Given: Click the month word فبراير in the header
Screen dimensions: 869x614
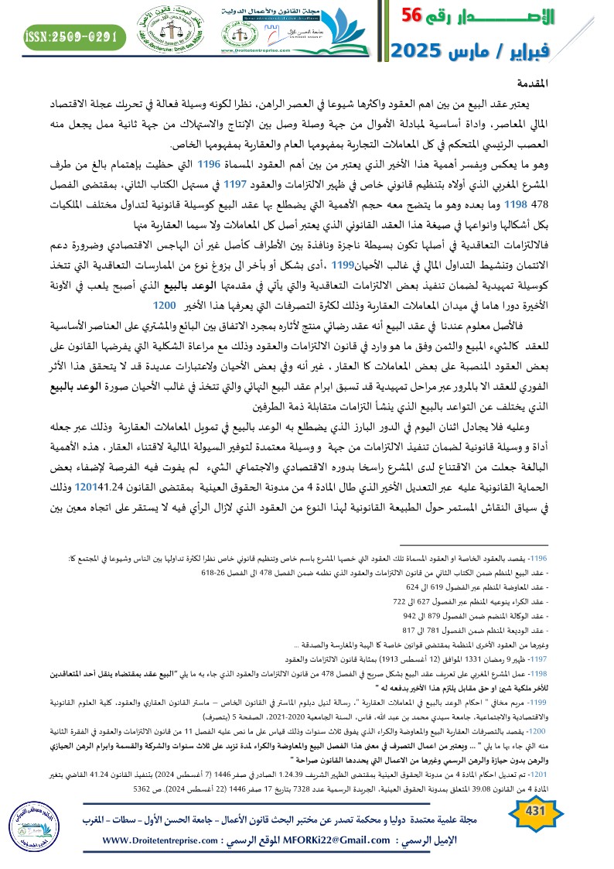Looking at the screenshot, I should (562, 51).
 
